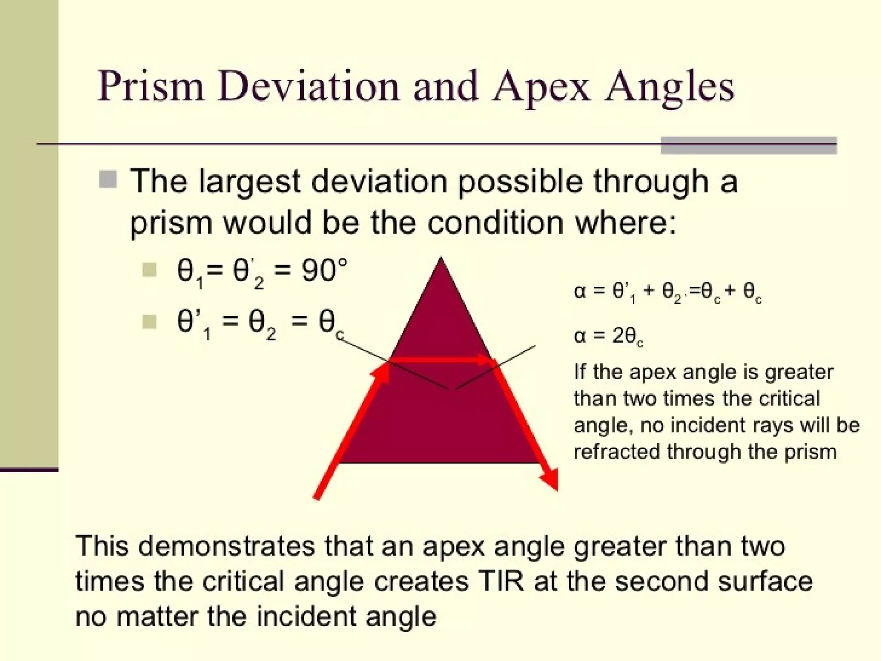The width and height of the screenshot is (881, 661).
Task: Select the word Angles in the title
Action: (669, 87)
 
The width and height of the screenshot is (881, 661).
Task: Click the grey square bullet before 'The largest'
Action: (108, 179)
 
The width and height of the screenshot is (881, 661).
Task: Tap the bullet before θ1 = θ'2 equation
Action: (149, 270)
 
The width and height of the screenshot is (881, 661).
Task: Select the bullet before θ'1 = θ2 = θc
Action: (149, 321)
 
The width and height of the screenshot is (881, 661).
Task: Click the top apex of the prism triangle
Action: (440, 259)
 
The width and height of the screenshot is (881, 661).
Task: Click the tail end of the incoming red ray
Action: (317, 497)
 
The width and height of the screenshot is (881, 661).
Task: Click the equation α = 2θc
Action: (608, 336)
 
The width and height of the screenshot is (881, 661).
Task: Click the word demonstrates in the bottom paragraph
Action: (227, 546)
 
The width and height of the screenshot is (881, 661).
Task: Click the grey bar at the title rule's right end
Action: (748, 145)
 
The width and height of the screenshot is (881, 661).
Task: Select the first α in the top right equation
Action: (579, 292)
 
